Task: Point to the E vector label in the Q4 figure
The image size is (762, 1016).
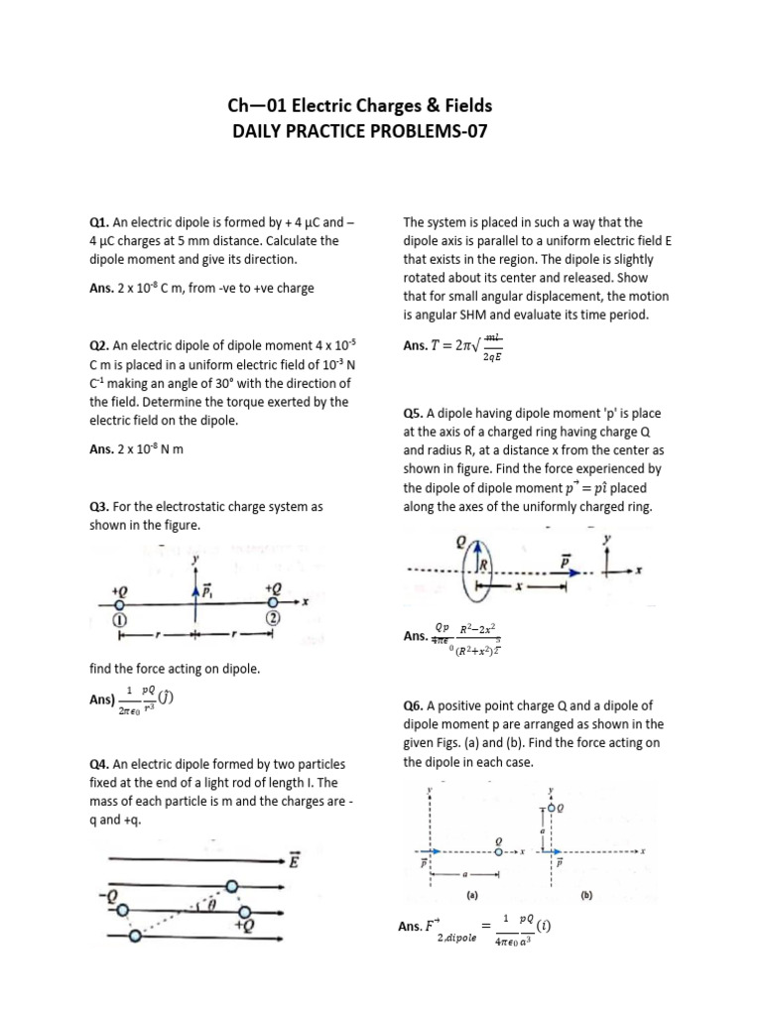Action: pos(295,862)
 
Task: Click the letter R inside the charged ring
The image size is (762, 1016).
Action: pos(486,567)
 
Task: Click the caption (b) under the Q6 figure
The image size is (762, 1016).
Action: pos(586,893)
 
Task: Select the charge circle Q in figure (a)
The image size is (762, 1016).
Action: pos(498,851)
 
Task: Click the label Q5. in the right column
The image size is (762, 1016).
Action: pos(414,412)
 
